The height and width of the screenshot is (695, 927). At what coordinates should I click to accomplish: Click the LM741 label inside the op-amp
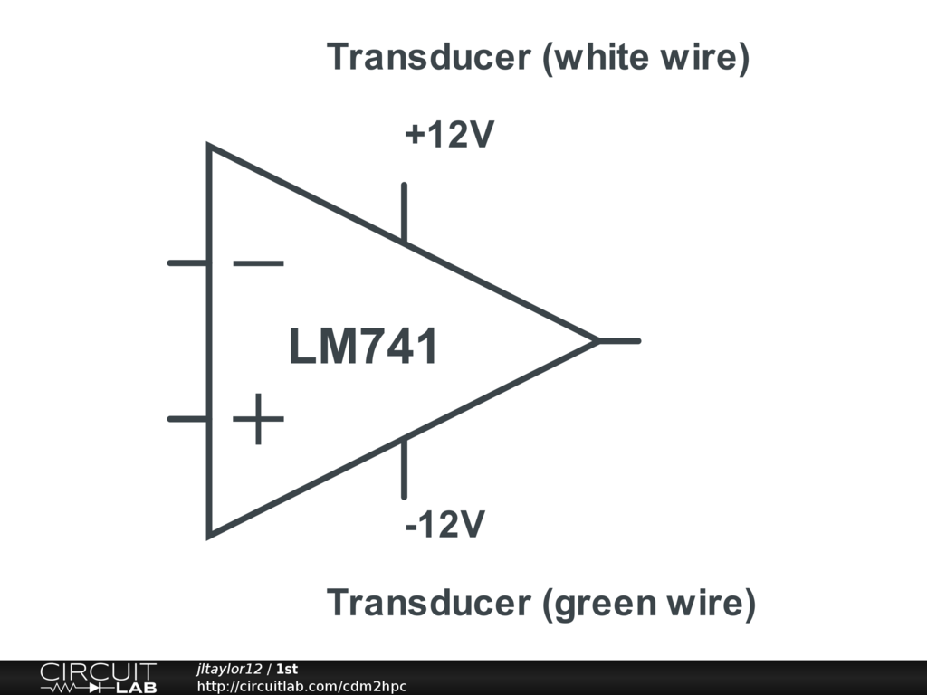tap(363, 347)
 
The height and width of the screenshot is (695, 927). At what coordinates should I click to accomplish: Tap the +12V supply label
tap(450, 135)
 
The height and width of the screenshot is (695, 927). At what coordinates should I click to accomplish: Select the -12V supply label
tap(444, 524)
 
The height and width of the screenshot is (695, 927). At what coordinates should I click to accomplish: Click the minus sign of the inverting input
tap(258, 263)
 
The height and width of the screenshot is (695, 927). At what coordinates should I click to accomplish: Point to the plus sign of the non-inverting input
tap(258, 419)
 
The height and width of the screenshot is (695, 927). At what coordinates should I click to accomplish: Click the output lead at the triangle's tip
tap(620, 341)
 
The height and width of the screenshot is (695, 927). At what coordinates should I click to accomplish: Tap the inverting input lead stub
tap(188, 263)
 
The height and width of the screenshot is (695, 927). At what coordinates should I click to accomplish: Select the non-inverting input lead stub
tap(188, 419)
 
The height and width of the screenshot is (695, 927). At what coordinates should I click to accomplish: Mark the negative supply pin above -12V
tap(404, 468)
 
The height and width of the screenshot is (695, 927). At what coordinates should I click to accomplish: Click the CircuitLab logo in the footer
tap(98, 678)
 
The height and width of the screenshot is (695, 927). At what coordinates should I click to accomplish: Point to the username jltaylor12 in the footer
tap(229, 669)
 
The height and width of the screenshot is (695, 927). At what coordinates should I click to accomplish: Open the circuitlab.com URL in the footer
tap(301, 687)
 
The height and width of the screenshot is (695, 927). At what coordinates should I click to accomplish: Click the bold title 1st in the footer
tap(287, 669)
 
